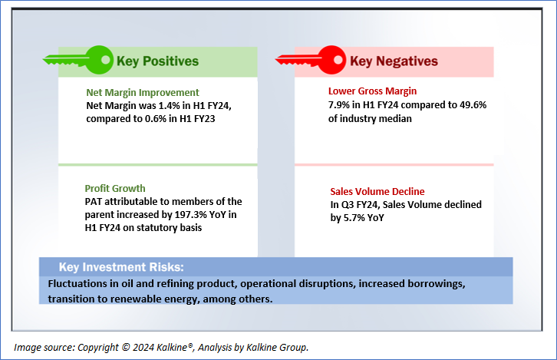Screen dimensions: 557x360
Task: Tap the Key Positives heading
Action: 157,61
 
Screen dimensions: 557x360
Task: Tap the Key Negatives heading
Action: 394,61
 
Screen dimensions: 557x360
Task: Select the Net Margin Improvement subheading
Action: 143,92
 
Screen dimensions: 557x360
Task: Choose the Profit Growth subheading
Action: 115,188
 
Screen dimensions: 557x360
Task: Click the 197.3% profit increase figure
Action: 190,215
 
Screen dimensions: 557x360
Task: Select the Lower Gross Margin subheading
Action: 372,91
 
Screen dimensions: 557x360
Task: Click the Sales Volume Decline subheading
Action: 377,192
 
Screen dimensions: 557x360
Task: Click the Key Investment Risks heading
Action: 121,267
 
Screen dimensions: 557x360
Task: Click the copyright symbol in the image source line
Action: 125,347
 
